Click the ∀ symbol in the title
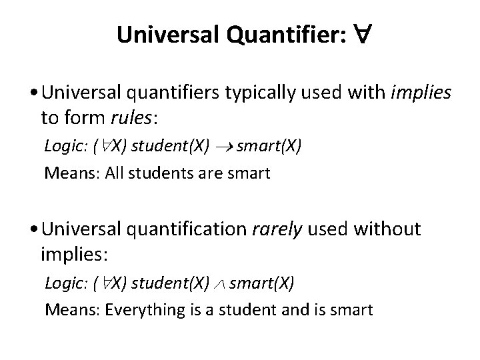coord(357,35)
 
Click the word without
coord(388,230)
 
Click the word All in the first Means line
coord(115,174)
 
